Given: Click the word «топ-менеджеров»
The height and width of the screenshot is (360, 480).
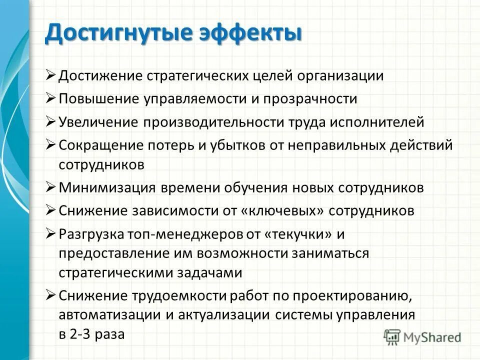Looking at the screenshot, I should coord(172,234).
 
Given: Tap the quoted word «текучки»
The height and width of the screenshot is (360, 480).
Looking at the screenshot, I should coord(306,234).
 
